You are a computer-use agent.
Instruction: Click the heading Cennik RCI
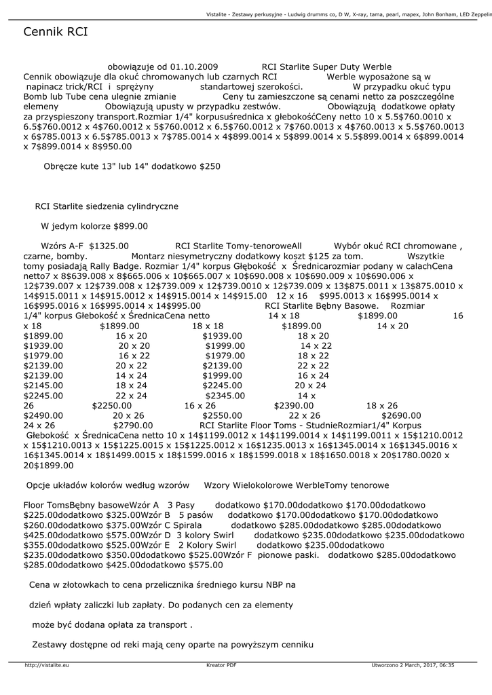point(55,32)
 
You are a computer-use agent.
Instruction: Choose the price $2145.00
point(43,385)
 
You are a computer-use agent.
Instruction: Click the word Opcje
point(39,485)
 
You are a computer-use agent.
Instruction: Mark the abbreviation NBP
point(273,584)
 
